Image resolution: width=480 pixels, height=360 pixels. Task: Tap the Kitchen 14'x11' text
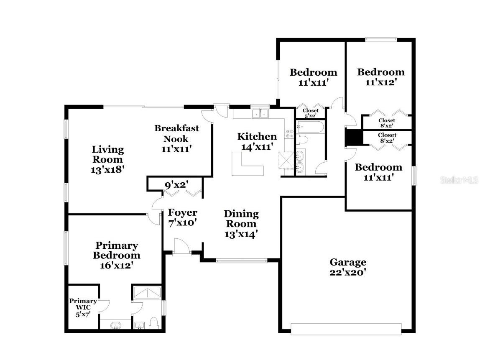click(257, 141)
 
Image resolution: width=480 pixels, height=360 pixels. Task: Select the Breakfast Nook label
click(176, 138)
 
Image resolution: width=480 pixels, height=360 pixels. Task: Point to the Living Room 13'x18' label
click(107, 160)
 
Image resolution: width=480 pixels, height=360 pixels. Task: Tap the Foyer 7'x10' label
click(182, 218)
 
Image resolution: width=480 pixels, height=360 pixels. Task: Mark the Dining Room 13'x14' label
click(241, 224)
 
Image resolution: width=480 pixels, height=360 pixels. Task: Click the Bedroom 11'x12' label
click(380, 77)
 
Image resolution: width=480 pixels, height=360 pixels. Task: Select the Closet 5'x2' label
click(310, 113)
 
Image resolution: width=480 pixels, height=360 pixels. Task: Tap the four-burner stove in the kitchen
click(289, 134)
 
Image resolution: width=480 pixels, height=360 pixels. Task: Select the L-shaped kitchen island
click(247, 165)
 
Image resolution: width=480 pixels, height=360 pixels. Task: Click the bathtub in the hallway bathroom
click(309, 127)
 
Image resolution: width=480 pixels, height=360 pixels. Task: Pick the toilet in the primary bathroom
click(153, 323)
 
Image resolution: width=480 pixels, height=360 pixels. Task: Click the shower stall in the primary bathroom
click(147, 293)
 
